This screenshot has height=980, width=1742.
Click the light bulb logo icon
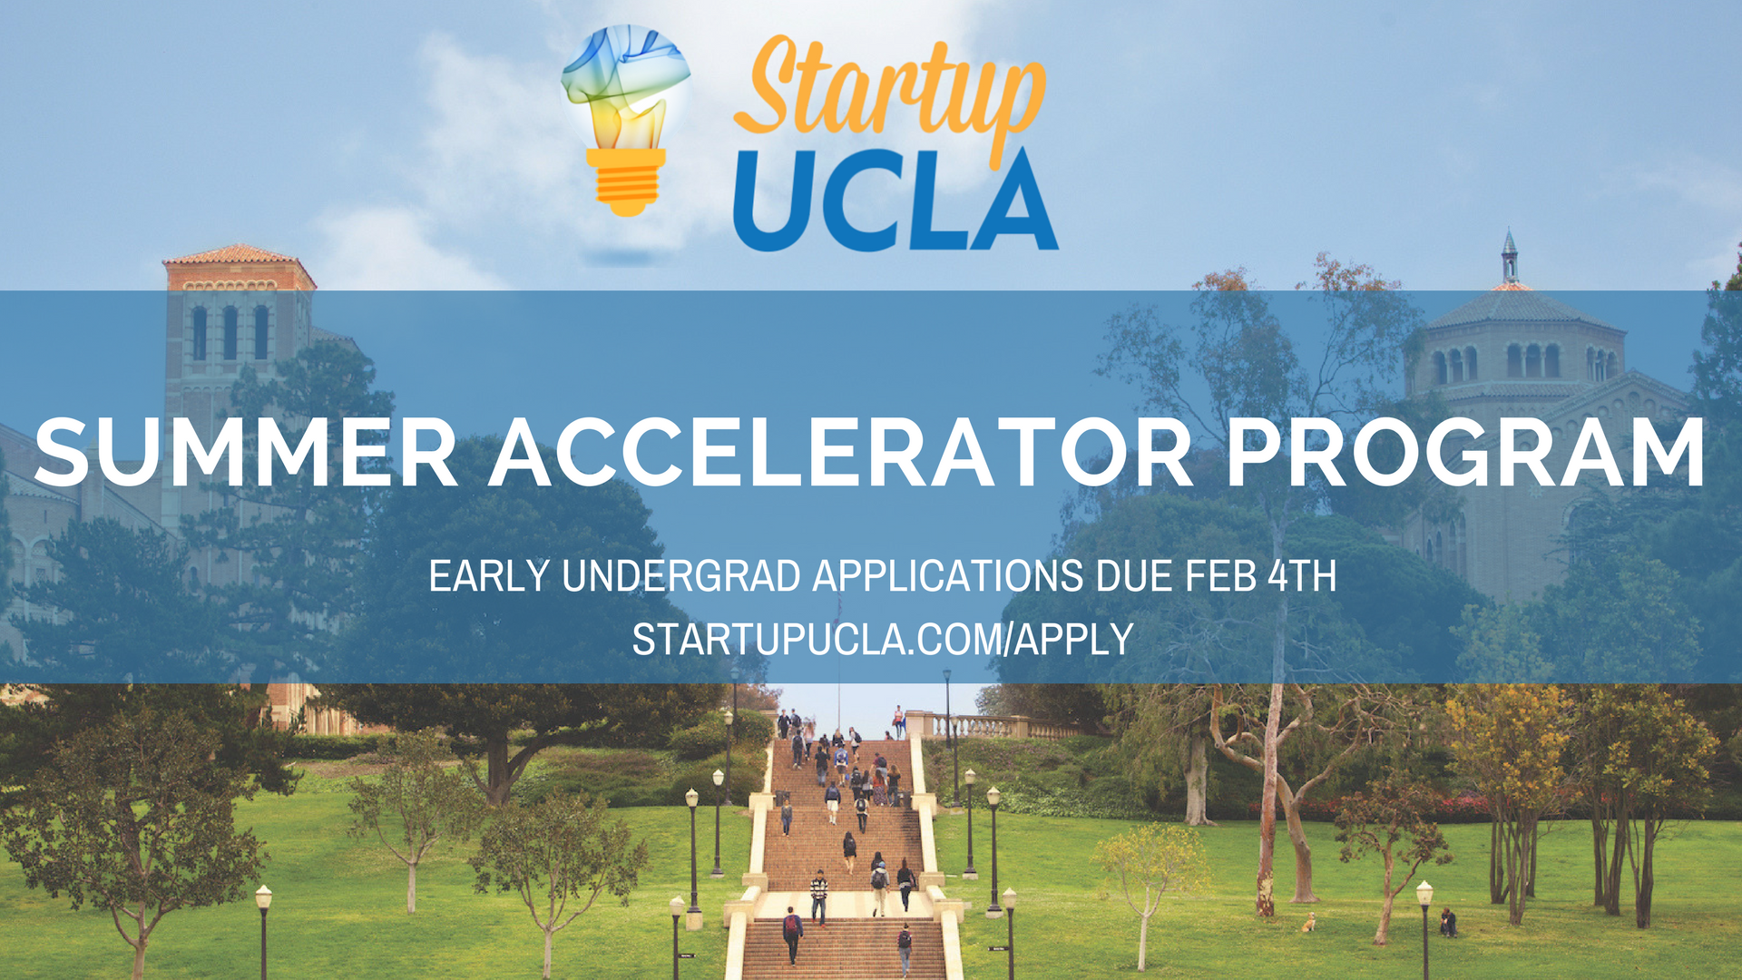(625, 118)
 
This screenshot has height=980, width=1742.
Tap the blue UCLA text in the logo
(895, 201)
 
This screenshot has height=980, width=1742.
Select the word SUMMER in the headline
(245, 453)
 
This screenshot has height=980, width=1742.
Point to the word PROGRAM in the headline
(1464, 453)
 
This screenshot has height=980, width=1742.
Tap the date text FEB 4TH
(1260, 576)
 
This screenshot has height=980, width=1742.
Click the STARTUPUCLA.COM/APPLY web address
(882, 640)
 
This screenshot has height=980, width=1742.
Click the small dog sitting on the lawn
(1308, 923)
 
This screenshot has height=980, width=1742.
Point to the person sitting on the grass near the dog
(1448, 922)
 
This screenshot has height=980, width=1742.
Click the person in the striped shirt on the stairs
(819, 895)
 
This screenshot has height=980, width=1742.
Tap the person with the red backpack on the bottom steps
(792, 933)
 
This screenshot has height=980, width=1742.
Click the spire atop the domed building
(1509, 255)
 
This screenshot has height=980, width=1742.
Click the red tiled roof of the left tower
(238, 256)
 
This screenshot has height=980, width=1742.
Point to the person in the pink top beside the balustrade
(898, 721)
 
